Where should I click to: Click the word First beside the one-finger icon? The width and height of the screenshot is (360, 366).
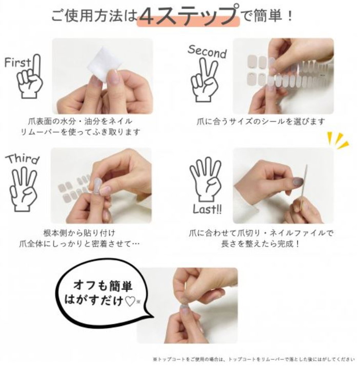(x=17, y=62)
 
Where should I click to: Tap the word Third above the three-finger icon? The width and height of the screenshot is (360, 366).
(x=22, y=159)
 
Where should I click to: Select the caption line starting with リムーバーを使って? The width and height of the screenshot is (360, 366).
(x=80, y=132)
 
